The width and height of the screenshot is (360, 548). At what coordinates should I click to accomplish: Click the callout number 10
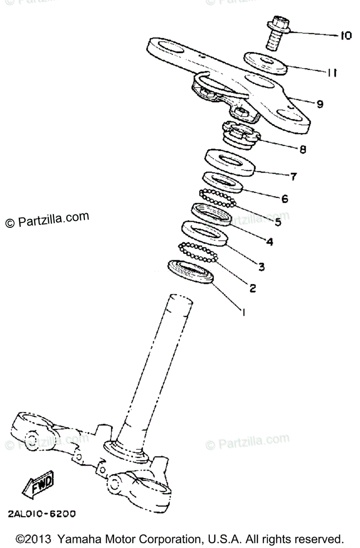[x=345, y=36]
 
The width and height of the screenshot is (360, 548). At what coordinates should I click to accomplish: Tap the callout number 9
[x=319, y=104]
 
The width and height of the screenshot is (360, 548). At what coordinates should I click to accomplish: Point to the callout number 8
[x=303, y=149]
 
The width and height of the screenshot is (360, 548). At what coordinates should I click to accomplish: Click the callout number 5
[x=277, y=222]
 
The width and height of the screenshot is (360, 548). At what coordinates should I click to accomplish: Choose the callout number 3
[x=261, y=266]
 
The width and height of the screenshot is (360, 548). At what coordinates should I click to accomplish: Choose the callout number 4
[x=270, y=242]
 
